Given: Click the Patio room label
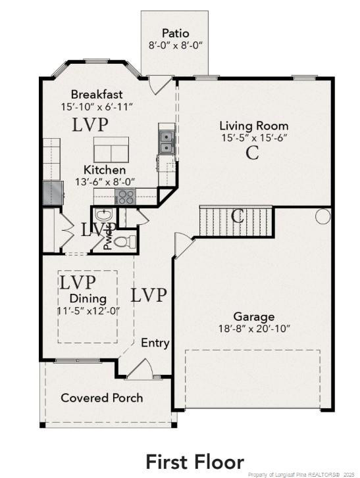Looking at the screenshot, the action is tap(176, 34).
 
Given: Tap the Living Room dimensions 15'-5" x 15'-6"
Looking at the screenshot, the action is tap(254, 138).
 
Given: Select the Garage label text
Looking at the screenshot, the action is tap(254, 318).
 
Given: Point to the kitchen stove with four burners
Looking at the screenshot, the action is tap(125, 197).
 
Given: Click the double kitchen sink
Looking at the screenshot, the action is tap(167, 142).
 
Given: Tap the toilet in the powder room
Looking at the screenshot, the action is tap(125, 242).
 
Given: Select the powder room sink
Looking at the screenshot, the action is tap(103, 215).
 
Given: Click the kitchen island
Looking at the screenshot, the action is tap(111, 150).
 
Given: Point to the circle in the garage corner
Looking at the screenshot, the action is tap(322, 216).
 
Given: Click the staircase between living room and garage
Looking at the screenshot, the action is tap(236, 222).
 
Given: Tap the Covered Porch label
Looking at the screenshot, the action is tap(102, 398).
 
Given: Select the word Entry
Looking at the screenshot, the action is tap(155, 343).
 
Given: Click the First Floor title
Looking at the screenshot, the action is tap(195, 462).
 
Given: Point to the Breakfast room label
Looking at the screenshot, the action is tap(97, 94).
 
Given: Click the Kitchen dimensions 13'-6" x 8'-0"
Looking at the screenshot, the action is tap(105, 182).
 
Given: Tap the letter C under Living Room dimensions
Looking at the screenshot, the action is tap(252, 153).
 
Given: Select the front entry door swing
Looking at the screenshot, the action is tap(140, 369).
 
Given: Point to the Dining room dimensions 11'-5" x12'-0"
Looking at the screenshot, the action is tap(89, 311).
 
